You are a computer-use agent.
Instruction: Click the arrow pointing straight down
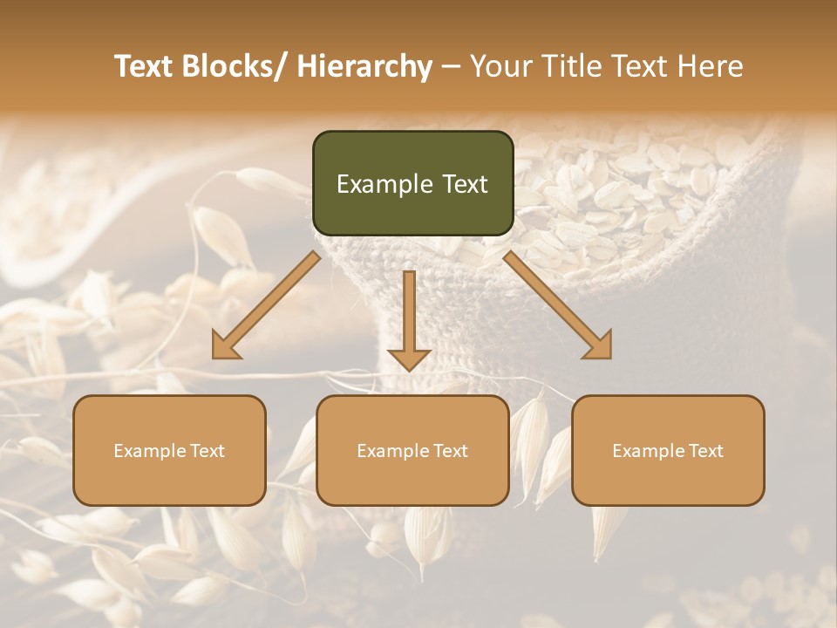pos(409,318)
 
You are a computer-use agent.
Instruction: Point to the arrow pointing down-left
pos(266,305)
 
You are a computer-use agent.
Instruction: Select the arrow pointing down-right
pos(558,305)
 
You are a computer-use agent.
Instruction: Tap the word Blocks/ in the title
pos(235,66)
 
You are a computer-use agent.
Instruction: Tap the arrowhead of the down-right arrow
pos(599,346)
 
